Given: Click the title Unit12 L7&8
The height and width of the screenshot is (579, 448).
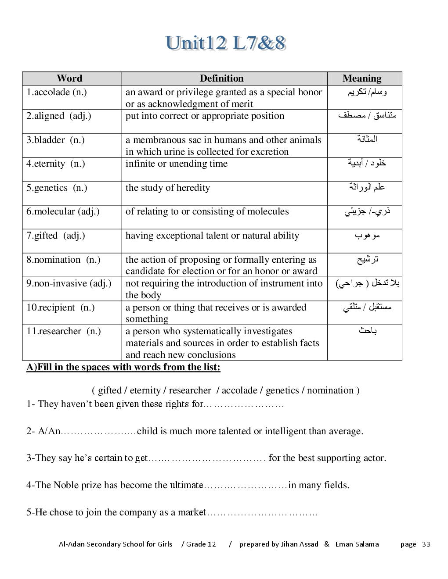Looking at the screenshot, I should [226, 43].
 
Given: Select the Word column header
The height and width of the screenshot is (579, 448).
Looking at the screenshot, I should [69, 79].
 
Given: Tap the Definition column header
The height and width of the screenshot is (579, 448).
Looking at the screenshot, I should [221, 79].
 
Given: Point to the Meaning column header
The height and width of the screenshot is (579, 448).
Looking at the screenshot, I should [362, 79].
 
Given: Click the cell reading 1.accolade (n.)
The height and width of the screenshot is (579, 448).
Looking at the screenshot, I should [57, 92].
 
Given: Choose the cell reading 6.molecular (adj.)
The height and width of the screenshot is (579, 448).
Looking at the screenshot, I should [63, 211].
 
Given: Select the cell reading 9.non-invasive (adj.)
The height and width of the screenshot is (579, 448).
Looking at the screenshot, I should [69, 283].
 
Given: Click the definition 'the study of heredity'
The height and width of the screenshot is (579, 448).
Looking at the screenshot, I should [168, 188].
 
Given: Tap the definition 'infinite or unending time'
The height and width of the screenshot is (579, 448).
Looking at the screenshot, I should [177, 164].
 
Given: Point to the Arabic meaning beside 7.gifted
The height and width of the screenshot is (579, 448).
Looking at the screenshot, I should [367, 236].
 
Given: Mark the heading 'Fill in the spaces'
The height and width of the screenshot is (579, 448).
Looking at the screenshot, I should [123, 367].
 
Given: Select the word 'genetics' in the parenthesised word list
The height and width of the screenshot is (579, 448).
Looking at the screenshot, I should [282, 390].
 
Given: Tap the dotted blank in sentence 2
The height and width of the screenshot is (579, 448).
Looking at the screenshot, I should [98, 432].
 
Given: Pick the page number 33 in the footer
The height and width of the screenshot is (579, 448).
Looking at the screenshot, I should [426, 544].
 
